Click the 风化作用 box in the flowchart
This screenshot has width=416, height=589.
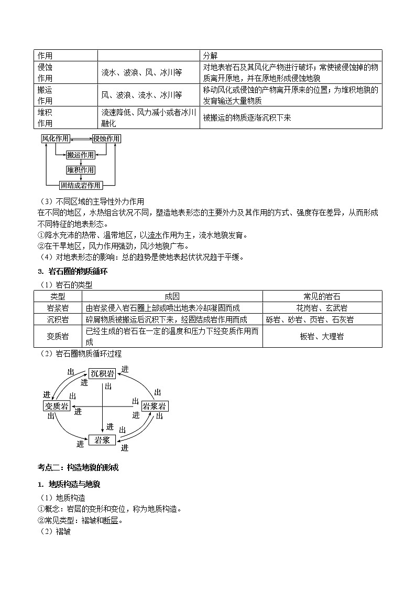pyautogui.click(x=56, y=138)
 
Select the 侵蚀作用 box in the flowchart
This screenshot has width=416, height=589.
pyautogui.click(x=106, y=138)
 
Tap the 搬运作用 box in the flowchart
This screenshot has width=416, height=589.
pyautogui.click(x=81, y=155)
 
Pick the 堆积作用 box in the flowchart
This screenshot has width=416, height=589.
pyautogui.click(x=81, y=170)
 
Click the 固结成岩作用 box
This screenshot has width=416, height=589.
pyautogui.click(x=80, y=185)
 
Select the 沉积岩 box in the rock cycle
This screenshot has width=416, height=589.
pyautogui.click(x=102, y=373)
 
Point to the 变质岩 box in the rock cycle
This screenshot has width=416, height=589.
pyautogui.click(x=56, y=406)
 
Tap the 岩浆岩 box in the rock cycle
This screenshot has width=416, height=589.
pyautogui.click(x=155, y=406)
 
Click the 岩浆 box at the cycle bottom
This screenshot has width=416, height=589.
pyautogui.click(x=102, y=441)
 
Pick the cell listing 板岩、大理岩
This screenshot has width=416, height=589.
pyautogui.click(x=322, y=336)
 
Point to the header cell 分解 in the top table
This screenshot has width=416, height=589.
pyautogui.click(x=211, y=56)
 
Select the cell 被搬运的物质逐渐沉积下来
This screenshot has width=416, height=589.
pyautogui.click(x=247, y=118)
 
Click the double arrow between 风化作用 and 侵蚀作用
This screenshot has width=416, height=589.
pyautogui.click(x=81, y=138)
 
